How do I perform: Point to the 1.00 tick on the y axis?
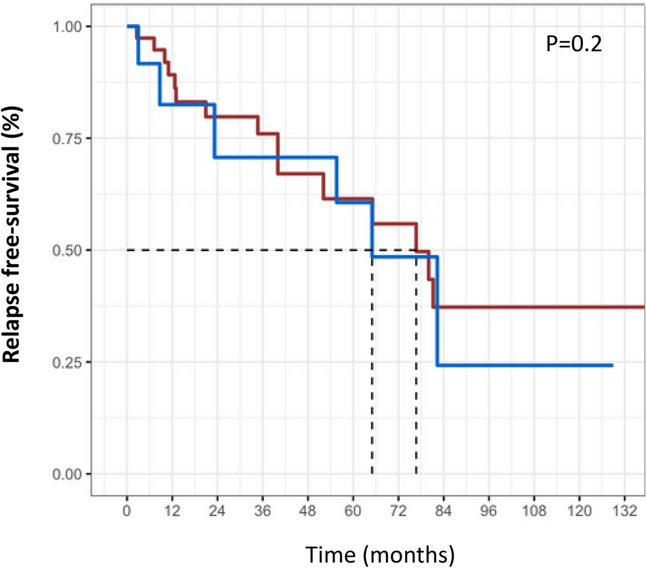pyautogui.click(x=68, y=26)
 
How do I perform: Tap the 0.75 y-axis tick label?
pyautogui.click(x=68, y=138)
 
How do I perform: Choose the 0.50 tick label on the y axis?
pyautogui.click(x=68, y=250)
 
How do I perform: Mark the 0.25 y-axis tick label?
pyautogui.click(x=68, y=362)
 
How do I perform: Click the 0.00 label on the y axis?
pyautogui.click(x=68, y=474)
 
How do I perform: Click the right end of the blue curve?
pyautogui.click(x=612, y=365)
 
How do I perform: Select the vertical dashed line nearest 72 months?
pyautogui.click(x=416, y=376)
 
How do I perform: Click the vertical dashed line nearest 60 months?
pyautogui.click(x=372, y=376)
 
